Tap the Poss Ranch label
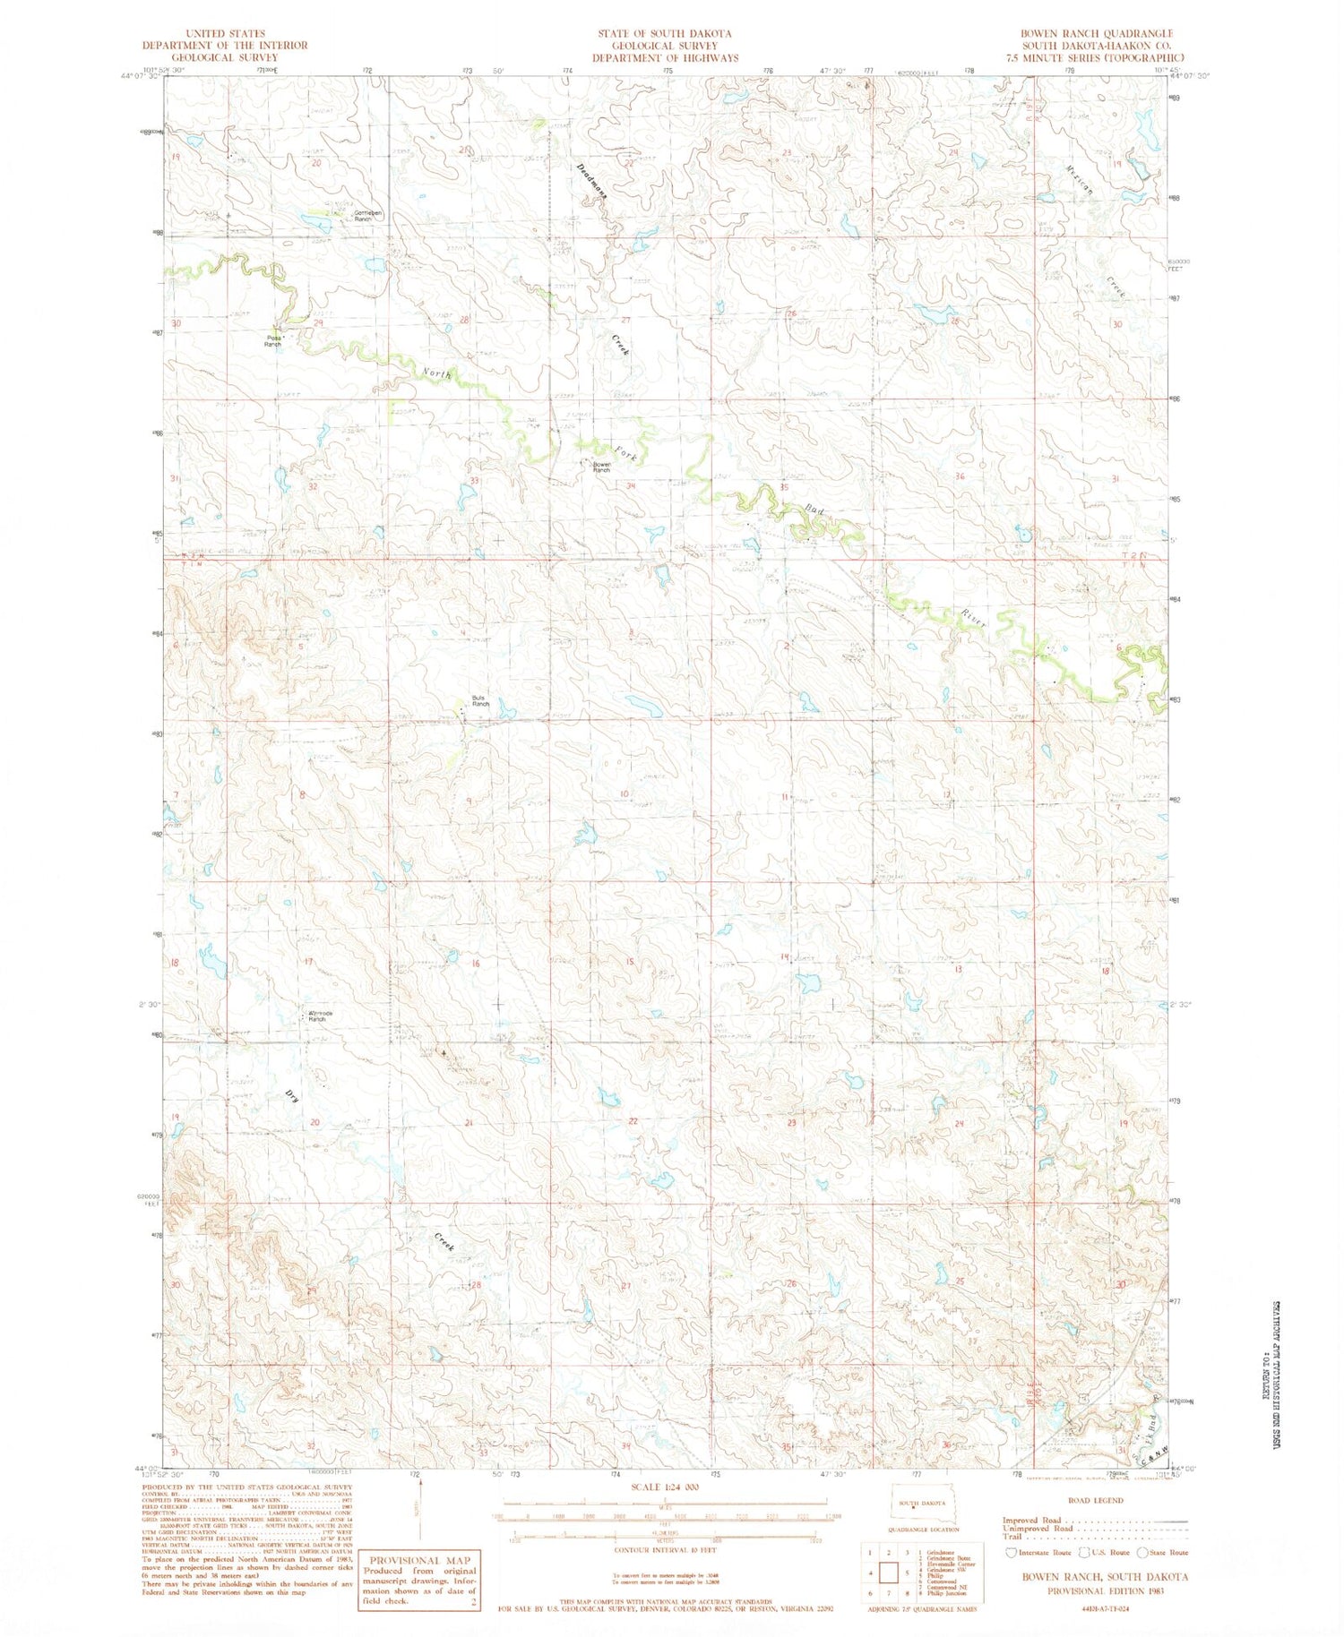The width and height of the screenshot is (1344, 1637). pos(273,340)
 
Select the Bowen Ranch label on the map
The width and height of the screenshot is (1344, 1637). pos(600,467)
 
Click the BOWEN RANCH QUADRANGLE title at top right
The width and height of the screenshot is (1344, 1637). pos(1096,33)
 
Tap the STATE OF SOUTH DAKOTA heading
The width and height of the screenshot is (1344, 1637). pos(665,33)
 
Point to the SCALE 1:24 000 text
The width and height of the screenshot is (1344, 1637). pos(665,1487)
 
